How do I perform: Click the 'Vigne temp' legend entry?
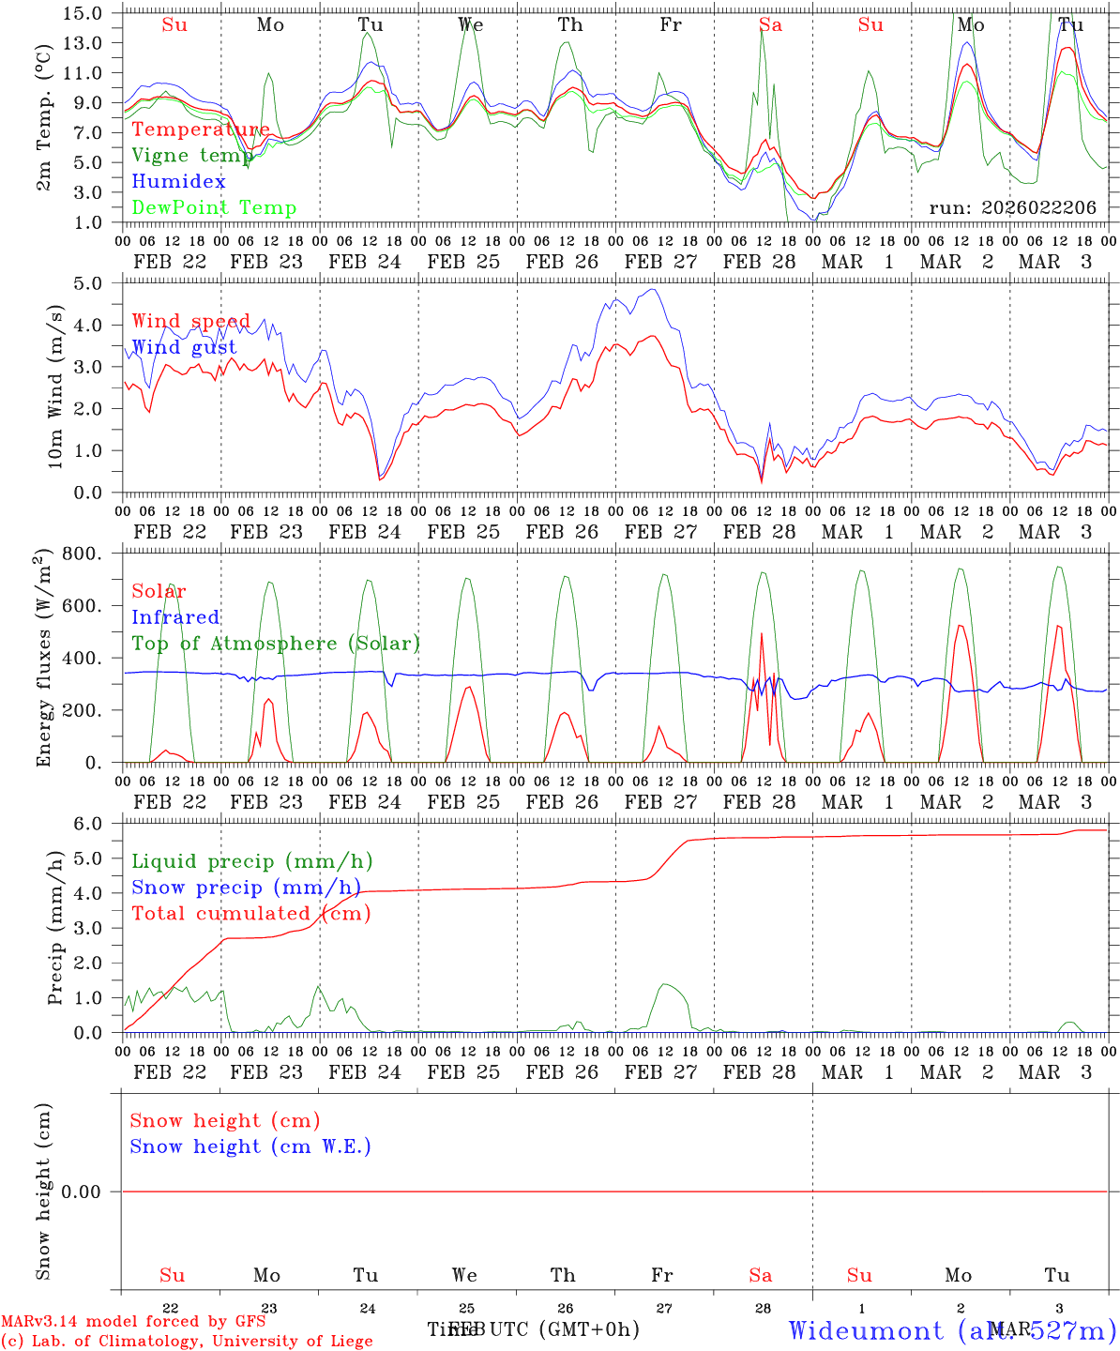192,156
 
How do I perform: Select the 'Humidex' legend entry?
178,182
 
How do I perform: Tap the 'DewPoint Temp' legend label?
214,208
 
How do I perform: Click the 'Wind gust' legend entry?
184,347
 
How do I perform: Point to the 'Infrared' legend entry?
175,617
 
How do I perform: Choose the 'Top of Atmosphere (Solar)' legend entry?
276,644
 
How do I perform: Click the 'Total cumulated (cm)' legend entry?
250,914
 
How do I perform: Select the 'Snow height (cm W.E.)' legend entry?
250,1146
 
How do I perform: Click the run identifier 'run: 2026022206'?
1012,208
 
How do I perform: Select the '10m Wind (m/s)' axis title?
55,387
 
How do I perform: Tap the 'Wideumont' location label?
866,1330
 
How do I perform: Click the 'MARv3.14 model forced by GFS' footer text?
132,1321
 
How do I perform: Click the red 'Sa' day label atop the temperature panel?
770,25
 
